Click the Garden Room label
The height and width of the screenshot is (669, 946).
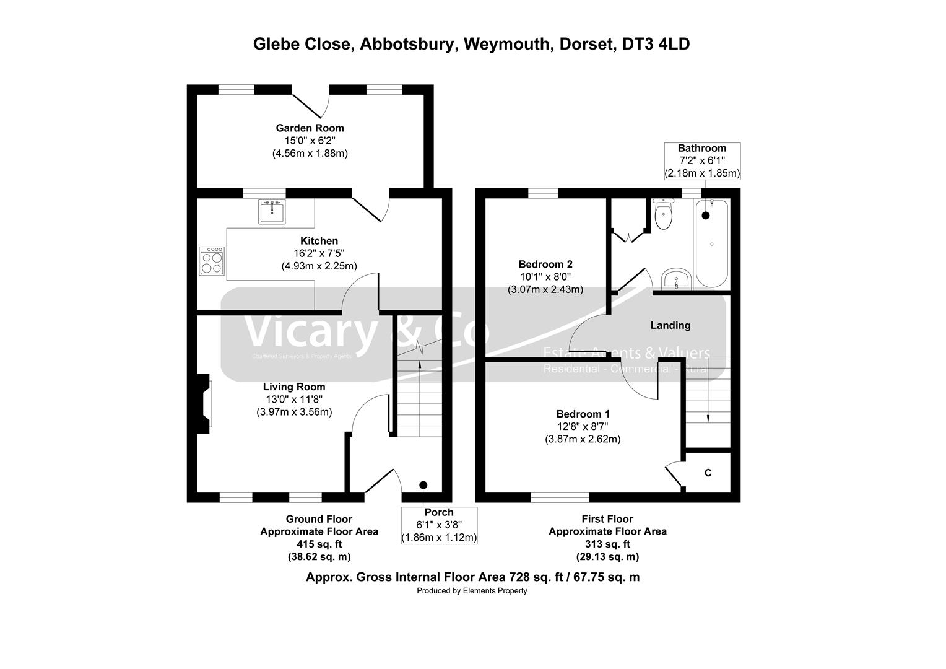310,128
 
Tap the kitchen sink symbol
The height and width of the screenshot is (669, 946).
272,212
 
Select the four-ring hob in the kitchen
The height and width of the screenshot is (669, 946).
212,260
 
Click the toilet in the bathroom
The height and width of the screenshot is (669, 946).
664,215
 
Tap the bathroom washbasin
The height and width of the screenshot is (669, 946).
677,279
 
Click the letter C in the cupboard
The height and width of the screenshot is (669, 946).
708,473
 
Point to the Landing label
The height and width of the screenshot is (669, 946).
670,325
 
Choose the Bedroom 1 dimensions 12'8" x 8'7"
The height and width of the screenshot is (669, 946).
583,427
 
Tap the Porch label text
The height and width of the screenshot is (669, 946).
439,512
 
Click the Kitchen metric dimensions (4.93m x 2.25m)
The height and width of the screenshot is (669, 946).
319,266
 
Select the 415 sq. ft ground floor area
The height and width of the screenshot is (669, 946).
319,544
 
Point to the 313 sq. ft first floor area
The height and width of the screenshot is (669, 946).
607,544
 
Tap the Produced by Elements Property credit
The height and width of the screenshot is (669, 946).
472,591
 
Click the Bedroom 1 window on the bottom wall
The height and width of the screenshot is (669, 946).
560,497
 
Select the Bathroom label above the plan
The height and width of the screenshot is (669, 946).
701,149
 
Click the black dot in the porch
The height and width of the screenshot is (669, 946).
423,485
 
